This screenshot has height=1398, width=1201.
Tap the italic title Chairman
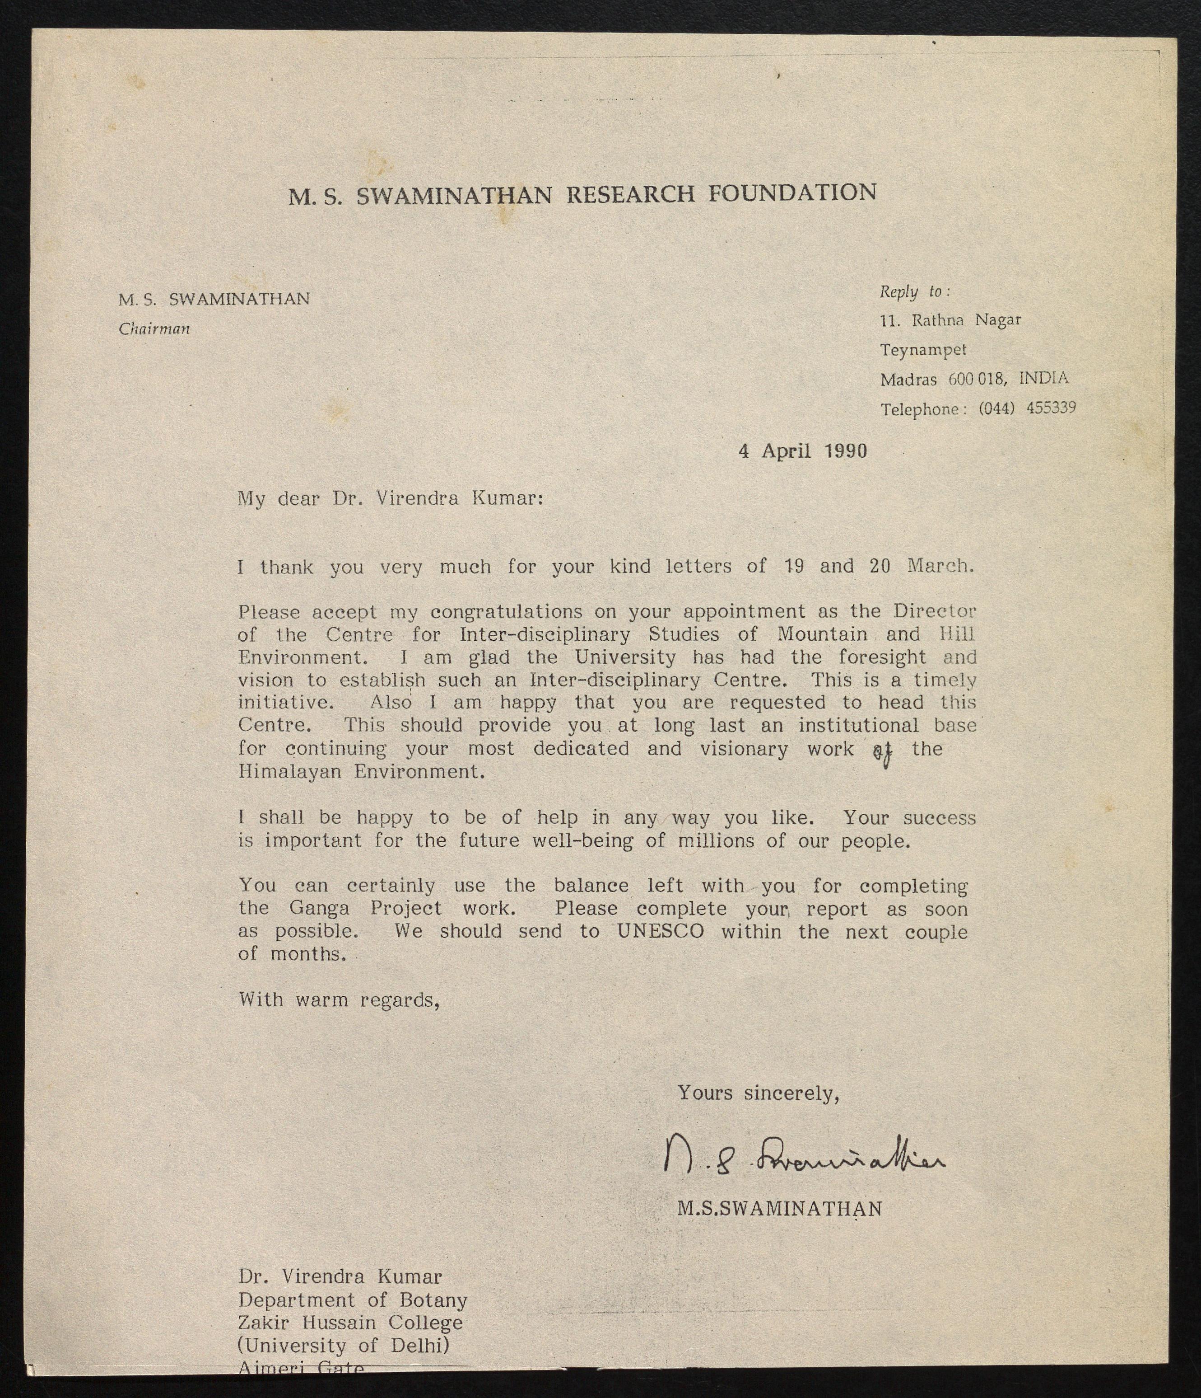(154, 329)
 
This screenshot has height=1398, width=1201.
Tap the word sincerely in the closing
(791, 1093)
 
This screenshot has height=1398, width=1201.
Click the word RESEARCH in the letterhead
(630, 194)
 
